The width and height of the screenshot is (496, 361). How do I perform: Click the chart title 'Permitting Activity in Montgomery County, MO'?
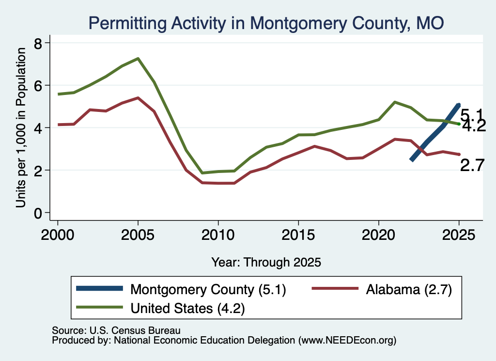point(266,23)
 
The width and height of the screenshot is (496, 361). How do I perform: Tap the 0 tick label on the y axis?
point(38,213)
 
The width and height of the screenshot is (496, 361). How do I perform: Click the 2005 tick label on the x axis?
point(138,235)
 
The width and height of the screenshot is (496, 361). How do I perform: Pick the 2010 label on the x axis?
point(218,235)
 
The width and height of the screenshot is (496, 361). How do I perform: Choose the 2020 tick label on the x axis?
point(378,235)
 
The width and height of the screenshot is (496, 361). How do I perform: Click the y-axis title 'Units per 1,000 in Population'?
point(21,127)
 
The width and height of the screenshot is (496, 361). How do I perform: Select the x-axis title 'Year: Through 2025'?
point(266,262)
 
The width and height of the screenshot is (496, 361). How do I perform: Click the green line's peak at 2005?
point(138,59)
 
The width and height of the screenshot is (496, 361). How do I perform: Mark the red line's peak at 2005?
point(138,98)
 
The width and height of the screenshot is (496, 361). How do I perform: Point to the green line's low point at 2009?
point(202,173)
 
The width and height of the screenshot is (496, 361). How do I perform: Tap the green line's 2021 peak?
point(394,102)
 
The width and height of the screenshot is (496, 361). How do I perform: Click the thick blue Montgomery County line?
point(435,132)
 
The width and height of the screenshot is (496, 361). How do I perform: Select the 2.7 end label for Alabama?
point(472,165)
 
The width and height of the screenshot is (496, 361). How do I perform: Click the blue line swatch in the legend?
point(99,288)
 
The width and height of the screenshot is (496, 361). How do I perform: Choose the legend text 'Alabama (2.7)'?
point(409,289)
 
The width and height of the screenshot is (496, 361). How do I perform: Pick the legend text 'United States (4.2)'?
point(187,308)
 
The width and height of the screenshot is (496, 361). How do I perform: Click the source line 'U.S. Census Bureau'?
point(135,330)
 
